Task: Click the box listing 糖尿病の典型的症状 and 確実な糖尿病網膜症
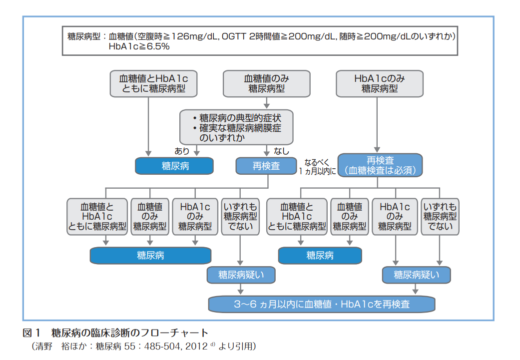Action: pos(236,127)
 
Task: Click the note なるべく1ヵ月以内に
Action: pos(317,166)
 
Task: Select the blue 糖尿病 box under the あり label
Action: pos(174,166)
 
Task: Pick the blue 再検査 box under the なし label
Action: pos(266,166)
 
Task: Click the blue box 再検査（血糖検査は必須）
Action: pos(380,165)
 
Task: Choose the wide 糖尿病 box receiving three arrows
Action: pos(150,255)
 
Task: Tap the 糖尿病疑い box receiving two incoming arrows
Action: pos(417,275)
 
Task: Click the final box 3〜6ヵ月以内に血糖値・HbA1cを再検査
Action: pos(321,304)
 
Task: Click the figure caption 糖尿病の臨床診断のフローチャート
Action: pos(130,333)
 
